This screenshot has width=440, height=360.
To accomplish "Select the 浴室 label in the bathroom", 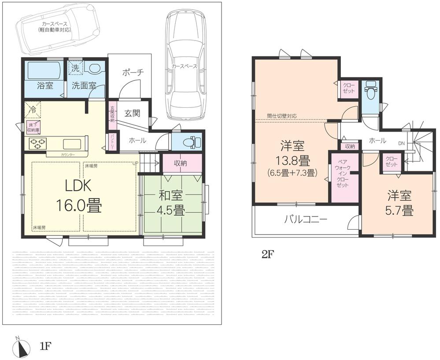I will pos(44,85).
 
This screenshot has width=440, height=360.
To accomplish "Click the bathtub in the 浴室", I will pos(44,70).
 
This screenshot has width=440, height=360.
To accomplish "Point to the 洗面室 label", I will pos(85,85).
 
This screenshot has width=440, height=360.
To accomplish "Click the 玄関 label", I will pos(132,113).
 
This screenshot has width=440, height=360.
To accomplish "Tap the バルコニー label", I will pos(306,219).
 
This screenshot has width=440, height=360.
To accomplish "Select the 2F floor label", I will pos(268,254).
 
